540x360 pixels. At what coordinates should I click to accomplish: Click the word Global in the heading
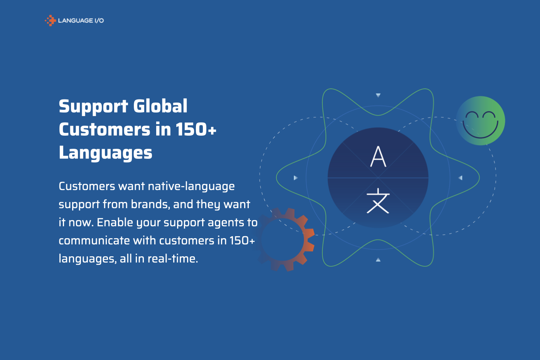pyautogui.click(x=160, y=106)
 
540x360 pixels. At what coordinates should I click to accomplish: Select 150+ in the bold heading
pyautogui.click(x=196, y=130)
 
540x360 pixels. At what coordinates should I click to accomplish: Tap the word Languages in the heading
pyautogui.click(x=105, y=153)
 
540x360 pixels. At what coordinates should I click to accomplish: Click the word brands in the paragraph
pyautogui.click(x=150, y=204)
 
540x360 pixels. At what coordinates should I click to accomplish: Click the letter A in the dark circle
pyautogui.click(x=378, y=156)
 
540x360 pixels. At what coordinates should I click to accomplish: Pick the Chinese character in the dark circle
pyautogui.click(x=378, y=201)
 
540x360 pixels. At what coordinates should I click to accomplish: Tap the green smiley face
pyautogui.click(x=481, y=121)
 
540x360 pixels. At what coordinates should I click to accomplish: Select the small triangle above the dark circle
pyautogui.click(x=378, y=95)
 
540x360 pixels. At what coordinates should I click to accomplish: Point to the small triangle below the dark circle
pyautogui.click(x=378, y=260)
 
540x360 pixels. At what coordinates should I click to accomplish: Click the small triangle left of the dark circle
pyautogui.click(x=295, y=178)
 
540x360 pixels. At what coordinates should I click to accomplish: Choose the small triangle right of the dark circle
pyautogui.click(x=460, y=178)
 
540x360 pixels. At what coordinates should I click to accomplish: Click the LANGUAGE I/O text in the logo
pyautogui.click(x=81, y=20)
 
